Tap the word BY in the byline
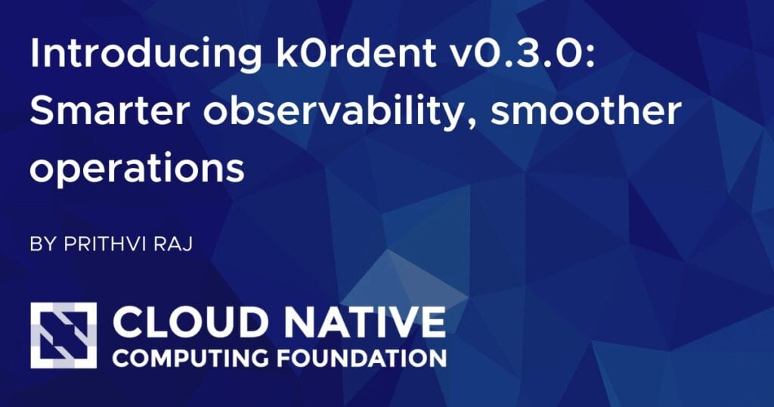[x=41, y=246]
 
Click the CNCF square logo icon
[x=63, y=335]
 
